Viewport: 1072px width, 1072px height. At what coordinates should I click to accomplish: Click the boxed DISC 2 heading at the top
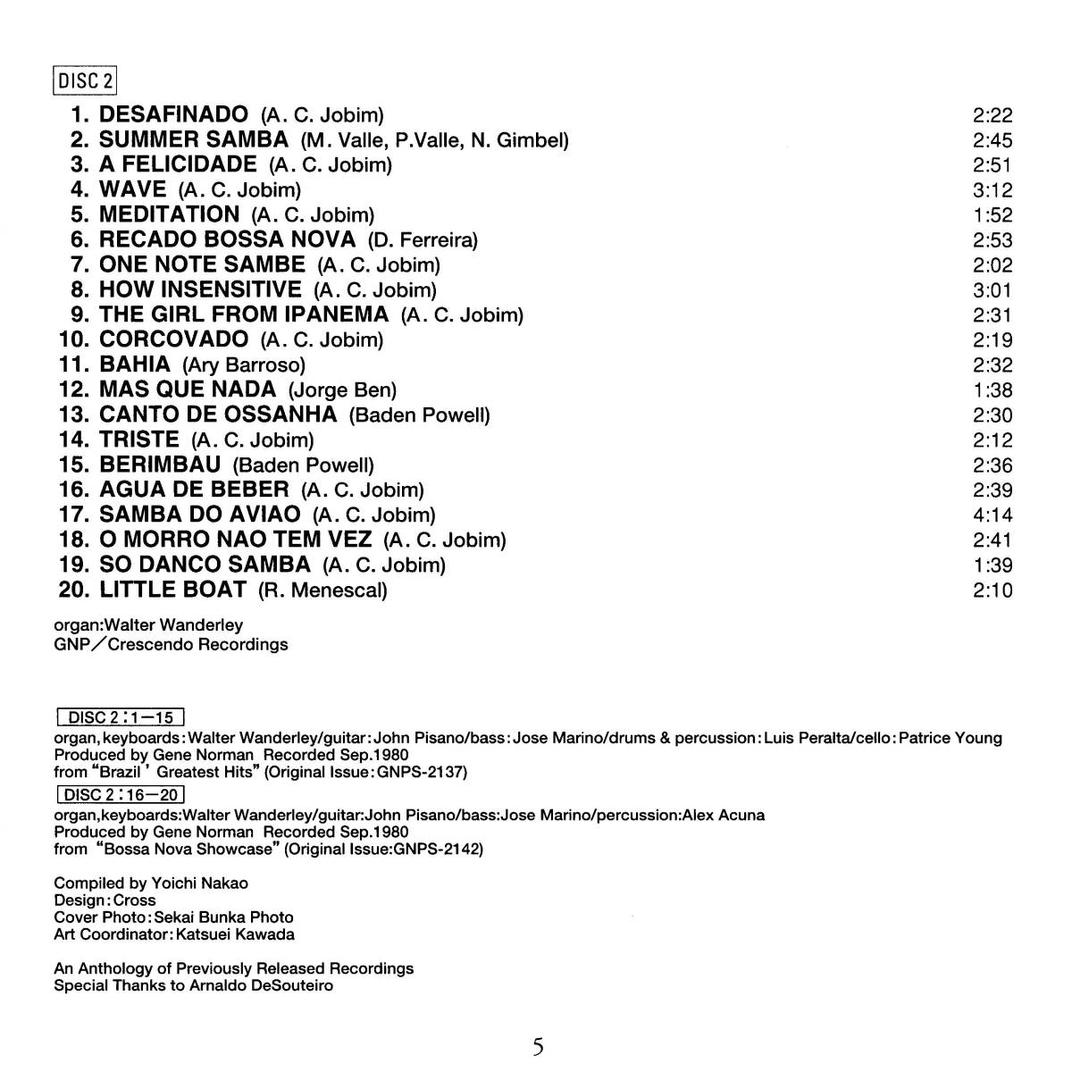pyautogui.click(x=86, y=81)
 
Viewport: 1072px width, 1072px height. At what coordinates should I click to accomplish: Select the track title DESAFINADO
pyautogui.click(x=173, y=114)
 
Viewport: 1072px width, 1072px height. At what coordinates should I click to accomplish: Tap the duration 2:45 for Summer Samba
pyautogui.click(x=992, y=140)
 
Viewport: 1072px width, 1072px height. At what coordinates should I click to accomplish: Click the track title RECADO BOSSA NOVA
pyautogui.click(x=227, y=239)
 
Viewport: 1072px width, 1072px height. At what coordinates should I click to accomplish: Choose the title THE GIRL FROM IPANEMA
pyautogui.click(x=244, y=314)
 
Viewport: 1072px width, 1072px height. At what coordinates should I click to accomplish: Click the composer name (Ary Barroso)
pyautogui.click(x=244, y=365)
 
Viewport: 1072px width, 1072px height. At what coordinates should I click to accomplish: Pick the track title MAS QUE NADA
pyautogui.click(x=188, y=389)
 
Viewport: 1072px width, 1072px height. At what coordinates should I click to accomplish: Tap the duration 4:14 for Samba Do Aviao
pyautogui.click(x=992, y=515)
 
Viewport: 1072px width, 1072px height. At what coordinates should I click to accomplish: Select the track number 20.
pyautogui.click(x=73, y=590)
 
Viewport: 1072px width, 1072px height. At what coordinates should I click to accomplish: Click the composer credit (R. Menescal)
pyautogui.click(x=322, y=590)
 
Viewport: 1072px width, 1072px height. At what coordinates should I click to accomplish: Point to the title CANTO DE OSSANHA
pyautogui.click(x=218, y=415)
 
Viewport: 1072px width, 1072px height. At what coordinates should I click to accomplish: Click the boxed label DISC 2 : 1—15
pyautogui.click(x=120, y=717)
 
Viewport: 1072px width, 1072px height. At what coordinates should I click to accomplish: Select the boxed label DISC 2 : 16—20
pyautogui.click(x=120, y=794)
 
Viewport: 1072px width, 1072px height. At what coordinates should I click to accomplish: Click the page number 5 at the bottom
pyautogui.click(x=538, y=1046)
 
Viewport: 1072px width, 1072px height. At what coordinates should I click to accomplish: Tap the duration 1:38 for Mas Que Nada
pyautogui.click(x=992, y=390)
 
